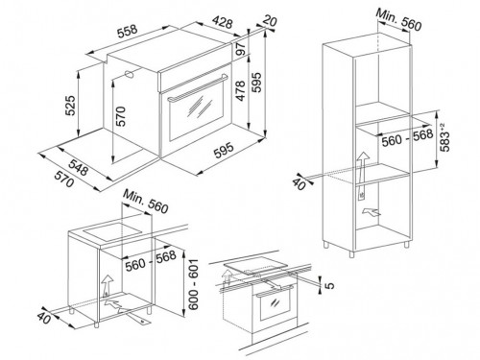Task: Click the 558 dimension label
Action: (x=128, y=31)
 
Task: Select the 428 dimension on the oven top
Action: (x=223, y=22)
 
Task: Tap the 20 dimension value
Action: (x=270, y=21)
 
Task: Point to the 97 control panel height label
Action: (x=242, y=48)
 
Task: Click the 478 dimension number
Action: (x=240, y=90)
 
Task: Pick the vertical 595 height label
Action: (x=256, y=83)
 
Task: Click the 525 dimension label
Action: (x=70, y=105)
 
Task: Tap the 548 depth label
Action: (x=78, y=166)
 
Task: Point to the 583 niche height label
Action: (x=444, y=137)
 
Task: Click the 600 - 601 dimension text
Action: (x=193, y=284)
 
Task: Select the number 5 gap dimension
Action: (x=330, y=284)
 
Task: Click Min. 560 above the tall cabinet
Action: (x=398, y=20)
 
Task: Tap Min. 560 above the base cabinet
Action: (x=145, y=202)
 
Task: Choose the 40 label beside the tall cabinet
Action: (x=299, y=184)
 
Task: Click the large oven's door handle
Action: (x=196, y=89)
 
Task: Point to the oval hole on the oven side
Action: (x=129, y=74)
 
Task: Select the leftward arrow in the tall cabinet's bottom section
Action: (x=372, y=211)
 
